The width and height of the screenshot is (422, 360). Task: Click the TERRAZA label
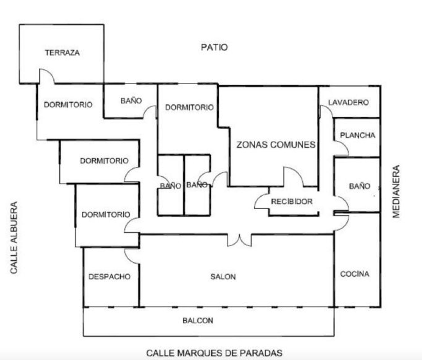point(62,53)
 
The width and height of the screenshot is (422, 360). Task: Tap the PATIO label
point(214,47)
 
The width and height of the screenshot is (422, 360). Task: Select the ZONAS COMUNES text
point(276,145)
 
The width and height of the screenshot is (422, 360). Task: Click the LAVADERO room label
point(348,102)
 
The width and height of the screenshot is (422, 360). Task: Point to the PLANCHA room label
point(358,135)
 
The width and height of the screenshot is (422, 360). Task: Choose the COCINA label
point(354,274)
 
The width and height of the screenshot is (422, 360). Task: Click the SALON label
point(223,277)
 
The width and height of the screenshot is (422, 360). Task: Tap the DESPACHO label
point(109,277)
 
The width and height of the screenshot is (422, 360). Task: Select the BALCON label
point(198,321)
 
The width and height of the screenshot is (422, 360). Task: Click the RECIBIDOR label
point(292,202)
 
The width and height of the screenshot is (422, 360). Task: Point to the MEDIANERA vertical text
point(396,192)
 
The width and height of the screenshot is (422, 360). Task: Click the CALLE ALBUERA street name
point(14,237)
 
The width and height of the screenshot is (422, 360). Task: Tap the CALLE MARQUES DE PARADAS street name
point(214,353)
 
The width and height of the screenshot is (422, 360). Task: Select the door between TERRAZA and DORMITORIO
point(47,76)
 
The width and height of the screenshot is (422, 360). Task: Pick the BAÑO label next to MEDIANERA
point(360,186)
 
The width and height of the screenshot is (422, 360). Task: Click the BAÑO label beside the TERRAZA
point(131,101)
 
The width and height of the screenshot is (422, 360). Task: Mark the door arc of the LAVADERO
point(326,111)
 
